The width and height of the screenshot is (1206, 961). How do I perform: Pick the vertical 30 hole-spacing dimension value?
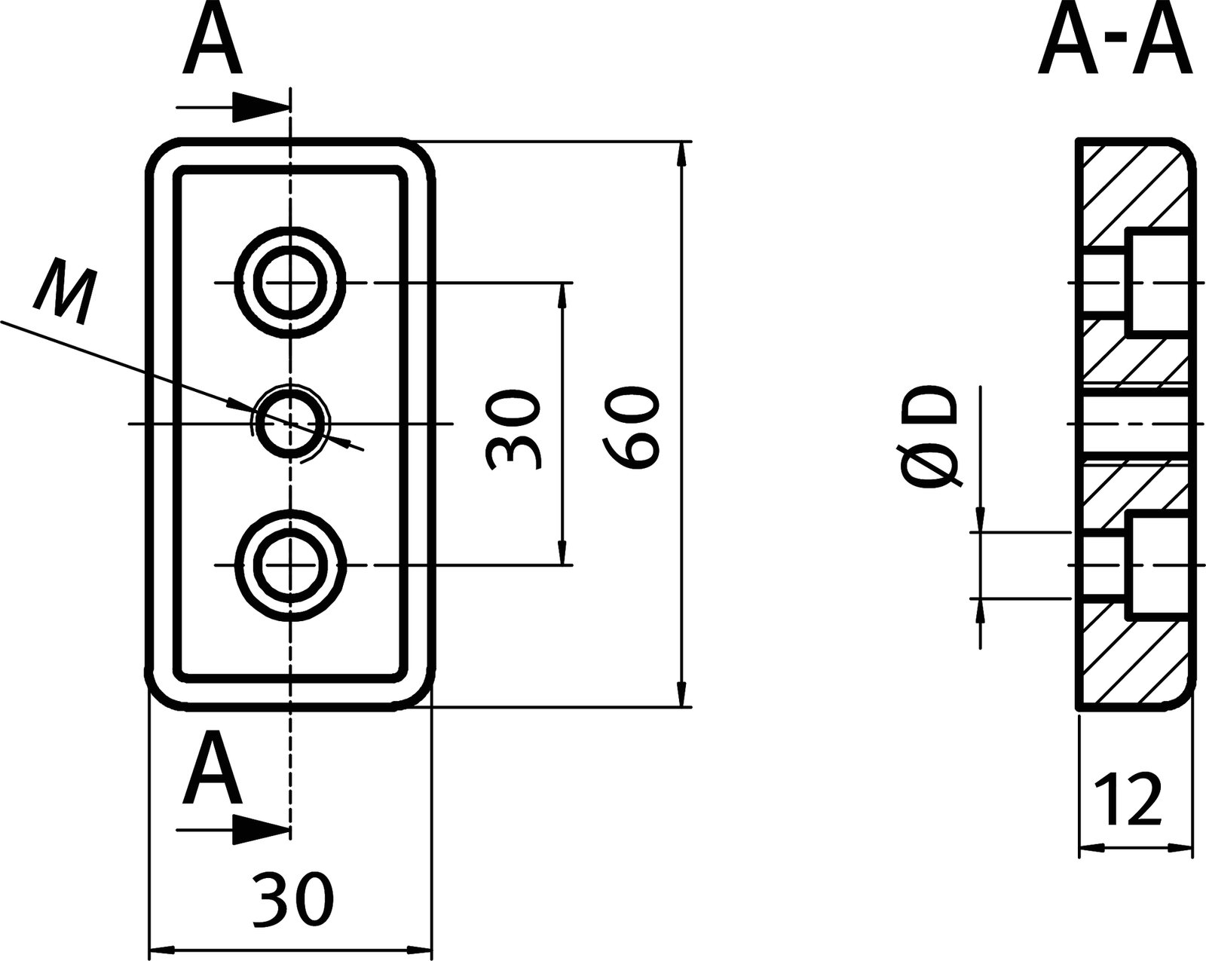click(513, 430)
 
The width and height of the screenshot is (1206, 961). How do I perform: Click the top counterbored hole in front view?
click(291, 283)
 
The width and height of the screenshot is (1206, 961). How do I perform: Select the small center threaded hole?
click(291, 424)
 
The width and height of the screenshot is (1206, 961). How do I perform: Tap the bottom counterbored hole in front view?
click(291, 565)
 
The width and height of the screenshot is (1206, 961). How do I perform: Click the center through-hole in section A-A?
click(1134, 424)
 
